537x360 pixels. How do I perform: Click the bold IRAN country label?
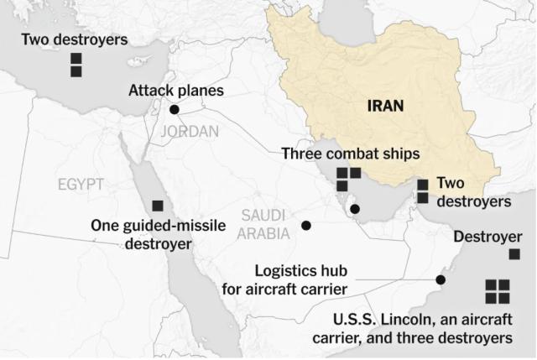(x=386, y=106)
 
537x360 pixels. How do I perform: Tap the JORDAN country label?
(x=188, y=132)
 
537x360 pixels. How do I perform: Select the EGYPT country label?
(x=81, y=185)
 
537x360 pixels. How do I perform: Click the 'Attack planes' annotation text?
(x=176, y=90)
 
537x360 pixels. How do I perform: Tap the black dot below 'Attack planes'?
(x=175, y=109)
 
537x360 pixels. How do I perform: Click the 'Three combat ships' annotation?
(x=350, y=154)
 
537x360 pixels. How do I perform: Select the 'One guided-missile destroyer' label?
(x=141, y=234)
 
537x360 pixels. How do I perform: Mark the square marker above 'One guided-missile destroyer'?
(x=157, y=206)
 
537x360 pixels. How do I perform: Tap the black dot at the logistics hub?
(x=440, y=280)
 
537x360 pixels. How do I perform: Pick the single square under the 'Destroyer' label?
(x=514, y=253)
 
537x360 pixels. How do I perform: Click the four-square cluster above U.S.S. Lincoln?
(x=497, y=291)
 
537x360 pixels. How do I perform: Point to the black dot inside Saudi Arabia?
(x=306, y=226)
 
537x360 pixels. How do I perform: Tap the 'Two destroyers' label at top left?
(x=75, y=39)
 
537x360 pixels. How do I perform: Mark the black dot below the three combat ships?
(x=355, y=209)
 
